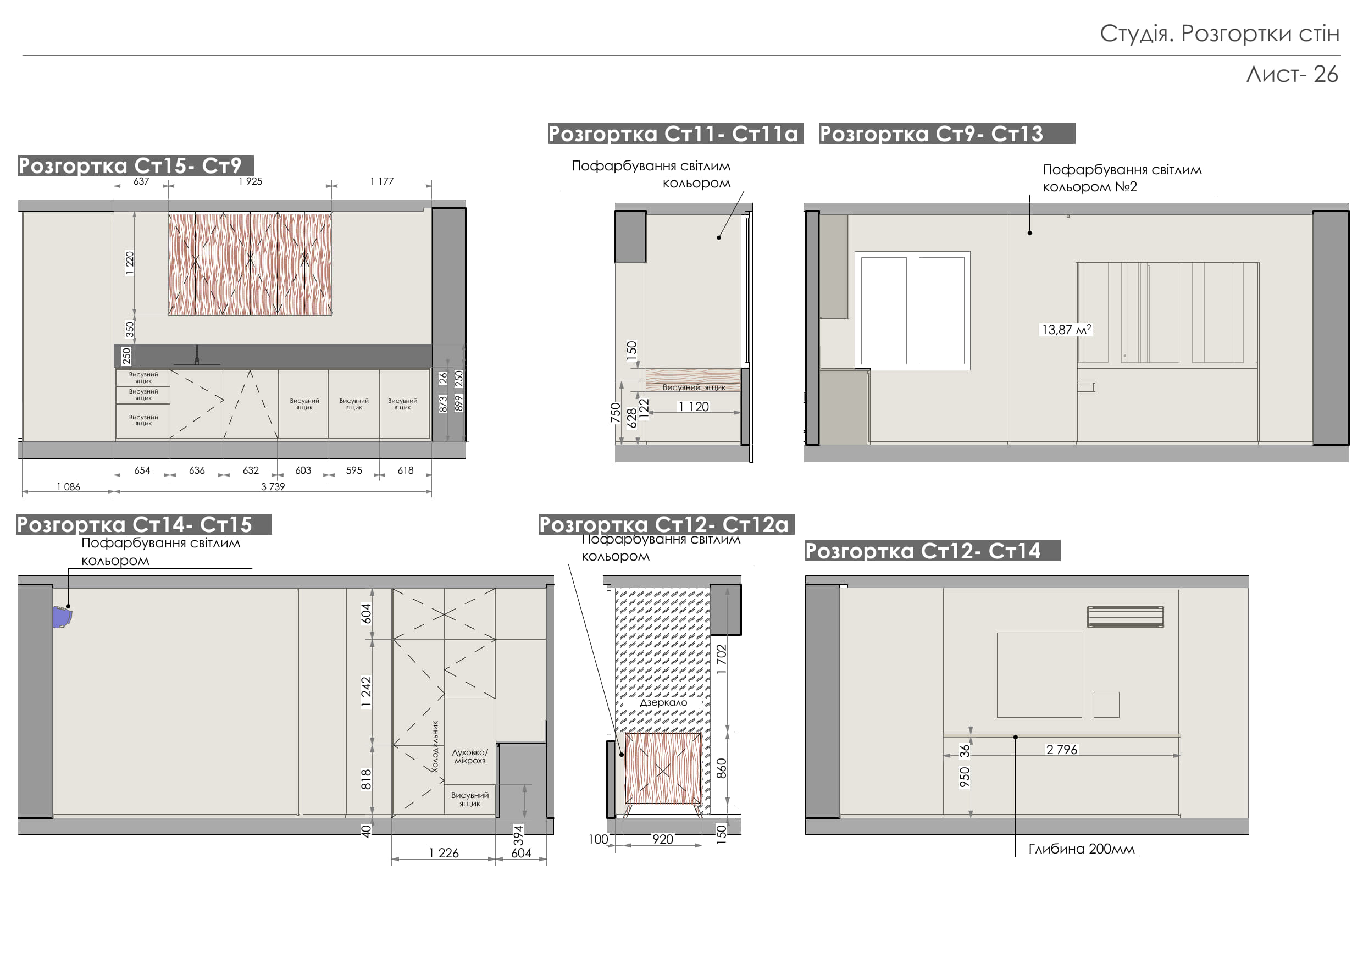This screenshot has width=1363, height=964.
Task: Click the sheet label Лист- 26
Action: click(x=1292, y=75)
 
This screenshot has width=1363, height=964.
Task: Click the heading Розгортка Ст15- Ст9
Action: click(x=130, y=165)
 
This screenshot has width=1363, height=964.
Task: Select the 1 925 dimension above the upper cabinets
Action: click(x=250, y=181)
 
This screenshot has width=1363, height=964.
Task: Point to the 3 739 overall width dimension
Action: click(x=273, y=487)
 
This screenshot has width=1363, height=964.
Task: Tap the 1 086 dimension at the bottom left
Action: click(x=68, y=487)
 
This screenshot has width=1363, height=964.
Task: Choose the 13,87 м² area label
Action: click(x=1067, y=329)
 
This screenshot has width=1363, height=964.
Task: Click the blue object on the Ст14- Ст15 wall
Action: click(x=62, y=617)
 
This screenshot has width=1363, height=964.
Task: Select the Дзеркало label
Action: click(x=663, y=702)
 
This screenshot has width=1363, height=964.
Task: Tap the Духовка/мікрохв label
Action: click(x=469, y=756)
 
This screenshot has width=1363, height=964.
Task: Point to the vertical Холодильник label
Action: click(x=435, y=746)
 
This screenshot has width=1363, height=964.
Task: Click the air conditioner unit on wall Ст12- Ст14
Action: click(x=1125, y=617)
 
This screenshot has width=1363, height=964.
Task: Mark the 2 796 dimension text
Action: click(x=1061, y=750)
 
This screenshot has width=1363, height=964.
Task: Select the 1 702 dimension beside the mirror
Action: click(x=721, y=659)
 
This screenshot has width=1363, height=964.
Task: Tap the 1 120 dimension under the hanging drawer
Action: click(x=694, y=407)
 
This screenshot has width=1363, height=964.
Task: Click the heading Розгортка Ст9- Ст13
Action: click(x=931, y=134)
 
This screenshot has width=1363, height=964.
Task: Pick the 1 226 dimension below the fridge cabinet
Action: click(x=444, y=853)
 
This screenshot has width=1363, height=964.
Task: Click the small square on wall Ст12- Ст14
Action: click(x=1106, y=705)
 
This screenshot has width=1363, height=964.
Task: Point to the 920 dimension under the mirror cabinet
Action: click(x=662, y=839)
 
